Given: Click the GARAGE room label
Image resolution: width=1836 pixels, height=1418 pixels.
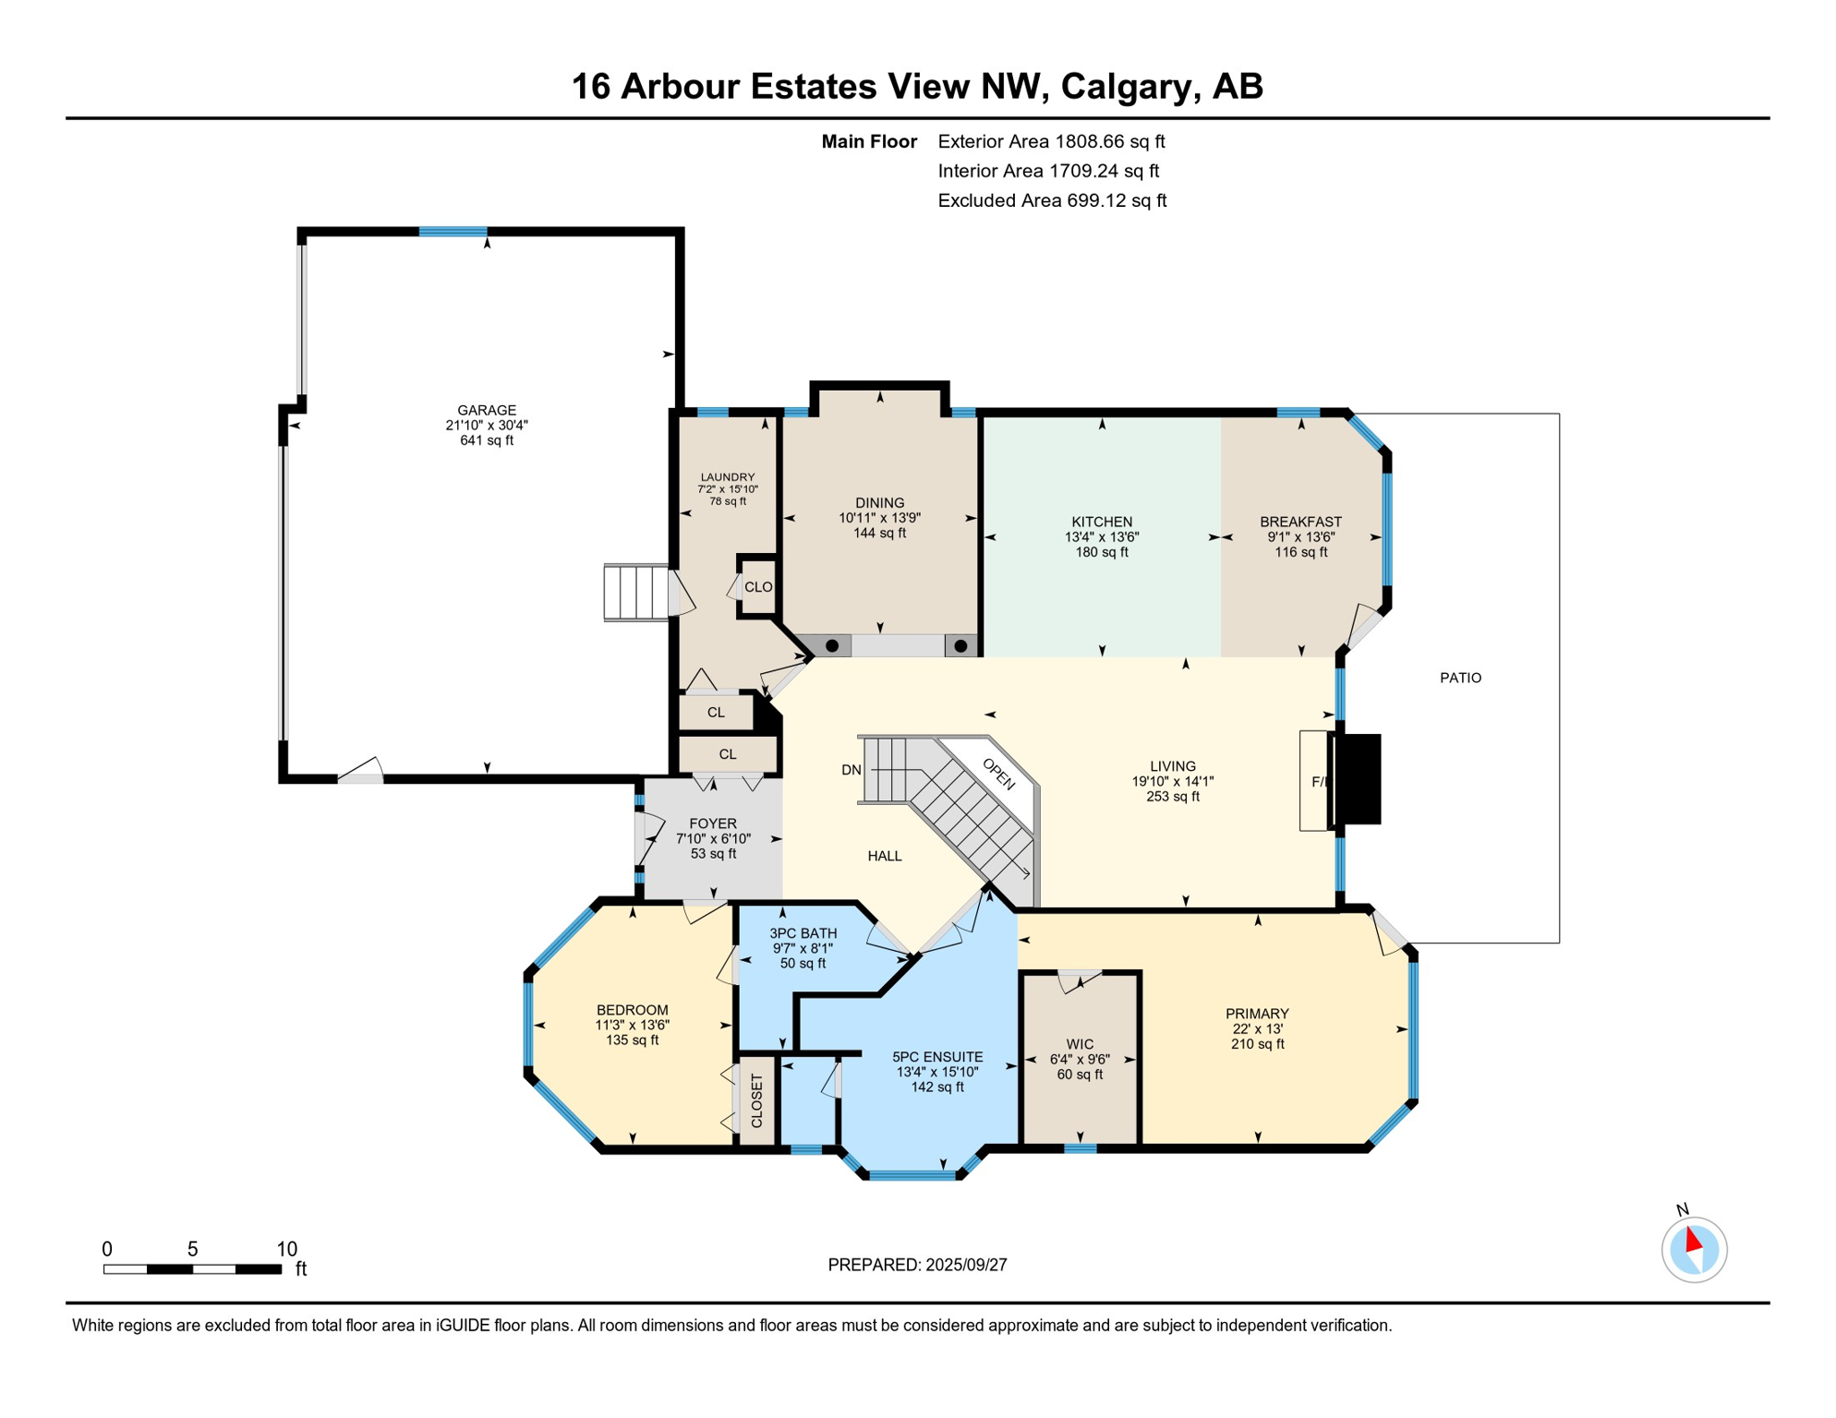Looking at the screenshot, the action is point(487,410).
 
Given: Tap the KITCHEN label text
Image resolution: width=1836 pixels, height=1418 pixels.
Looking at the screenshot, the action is point(1102,522).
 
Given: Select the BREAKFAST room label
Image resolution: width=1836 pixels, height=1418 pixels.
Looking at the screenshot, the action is point(1300,522).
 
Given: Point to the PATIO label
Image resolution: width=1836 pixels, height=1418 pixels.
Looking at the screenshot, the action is point(1460,678).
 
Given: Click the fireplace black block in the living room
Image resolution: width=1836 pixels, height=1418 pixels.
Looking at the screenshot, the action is point(1358,779).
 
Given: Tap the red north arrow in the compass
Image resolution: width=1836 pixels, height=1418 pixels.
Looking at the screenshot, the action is point(1693,1240).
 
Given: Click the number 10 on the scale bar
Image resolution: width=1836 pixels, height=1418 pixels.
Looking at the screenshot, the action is point(287,1249).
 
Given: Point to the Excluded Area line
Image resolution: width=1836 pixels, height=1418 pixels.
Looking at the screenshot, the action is point(1052,200).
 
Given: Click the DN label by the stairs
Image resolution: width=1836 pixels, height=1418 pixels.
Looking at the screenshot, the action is point(852,770).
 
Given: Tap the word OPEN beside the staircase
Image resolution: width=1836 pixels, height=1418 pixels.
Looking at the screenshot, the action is point(998,775).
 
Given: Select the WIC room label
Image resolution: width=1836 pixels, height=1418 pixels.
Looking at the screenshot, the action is point(1080,1045).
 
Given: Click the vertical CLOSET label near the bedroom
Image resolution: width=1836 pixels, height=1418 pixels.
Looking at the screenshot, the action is point(757,1100).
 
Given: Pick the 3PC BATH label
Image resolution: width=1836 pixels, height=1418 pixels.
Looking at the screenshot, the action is point(803,933).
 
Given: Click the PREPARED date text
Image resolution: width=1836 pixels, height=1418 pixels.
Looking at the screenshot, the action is point(917,1265).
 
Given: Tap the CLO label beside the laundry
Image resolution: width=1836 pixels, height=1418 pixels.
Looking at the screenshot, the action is point(758,587).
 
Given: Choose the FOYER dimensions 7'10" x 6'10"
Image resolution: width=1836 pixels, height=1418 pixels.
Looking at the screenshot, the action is point(713,839).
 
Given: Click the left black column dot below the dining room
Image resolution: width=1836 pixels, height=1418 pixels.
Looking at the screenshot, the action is point(832,646).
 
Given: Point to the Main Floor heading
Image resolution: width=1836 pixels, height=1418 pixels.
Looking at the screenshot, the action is point(869,141).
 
